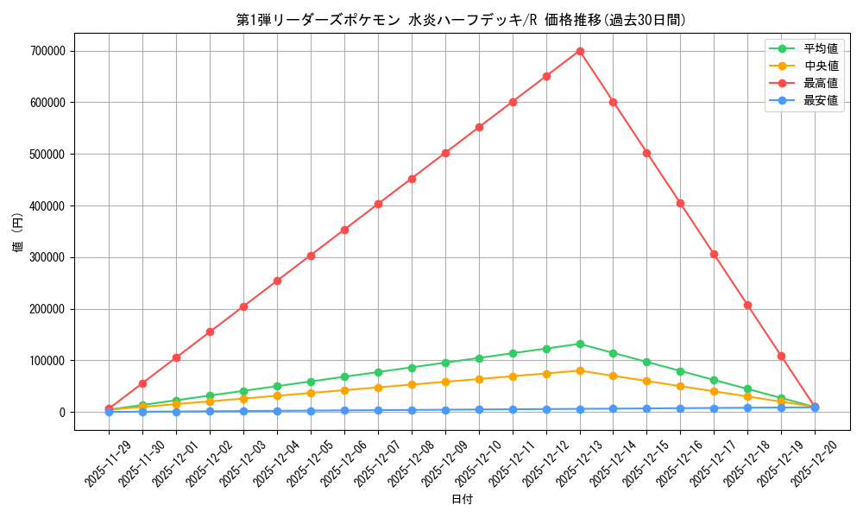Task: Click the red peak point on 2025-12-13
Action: click(580, 51)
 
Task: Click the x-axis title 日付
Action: click(462, 499)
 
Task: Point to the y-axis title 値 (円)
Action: click(17, 233)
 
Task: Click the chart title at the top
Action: click(462, 20)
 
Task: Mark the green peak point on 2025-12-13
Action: click(580, 344)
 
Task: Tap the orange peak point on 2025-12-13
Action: click(580, 370)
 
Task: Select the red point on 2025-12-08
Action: click(412, 179)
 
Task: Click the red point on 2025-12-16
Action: click(680, 203)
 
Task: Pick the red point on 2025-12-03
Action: click(243, 306)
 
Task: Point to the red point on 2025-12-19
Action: click(781, 356)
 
